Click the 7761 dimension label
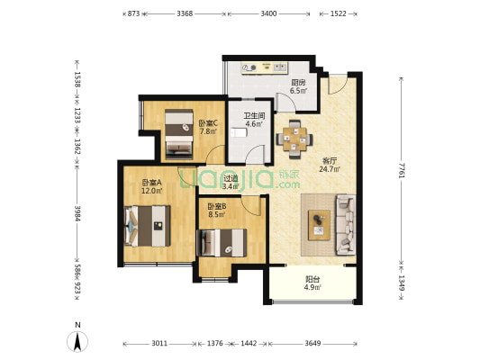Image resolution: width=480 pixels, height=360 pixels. pyautogui.click(x=402, y=170)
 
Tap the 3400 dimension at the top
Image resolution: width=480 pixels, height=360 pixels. pyautogui.click(x=268, y=13)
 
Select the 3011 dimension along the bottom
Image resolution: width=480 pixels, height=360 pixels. pyautogui.click(x=159, y=344)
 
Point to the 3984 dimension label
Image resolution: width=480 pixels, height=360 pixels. pyautogui.click(x=77, y=213)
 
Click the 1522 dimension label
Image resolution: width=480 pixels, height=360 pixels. pyautogui.click(x=339, y=13)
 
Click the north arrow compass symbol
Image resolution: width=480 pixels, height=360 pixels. pyautogui.click(x=77, y=341)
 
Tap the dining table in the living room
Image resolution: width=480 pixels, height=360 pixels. pyautogui.click(x=294, y=139)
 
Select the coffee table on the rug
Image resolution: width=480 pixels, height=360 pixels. pyautogui.click(x=319, y=225)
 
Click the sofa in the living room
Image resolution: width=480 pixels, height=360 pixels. pyautogui.click(x=346, y=225)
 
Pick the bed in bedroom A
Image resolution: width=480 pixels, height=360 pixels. pyautogui.click(x=148, y=226)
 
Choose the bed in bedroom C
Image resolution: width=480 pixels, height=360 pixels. pyautogui.click(x=179, y=134)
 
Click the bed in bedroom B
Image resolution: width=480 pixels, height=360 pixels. pyautogui.click(x=223, y=242)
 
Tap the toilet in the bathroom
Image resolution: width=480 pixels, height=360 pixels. pyautogui.click(x=239, y=133)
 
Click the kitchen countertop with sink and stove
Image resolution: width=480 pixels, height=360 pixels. pyautogui.click(x=265, y=68)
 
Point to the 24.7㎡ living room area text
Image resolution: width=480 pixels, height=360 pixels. pyautogui.click(x=330, y=169)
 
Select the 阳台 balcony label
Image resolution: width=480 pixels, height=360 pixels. pyautogui.click(x=312, y=279)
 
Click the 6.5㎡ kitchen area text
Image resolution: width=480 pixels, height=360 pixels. pyautogui.click(x=298, y=91)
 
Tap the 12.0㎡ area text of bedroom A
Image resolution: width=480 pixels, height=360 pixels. pyautogui.click(x=151, y=191)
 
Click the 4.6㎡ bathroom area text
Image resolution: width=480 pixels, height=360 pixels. pyautogui.click(x=254, y=124)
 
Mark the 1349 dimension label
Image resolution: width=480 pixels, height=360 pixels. pyautogui.click(x=402, y=283)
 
